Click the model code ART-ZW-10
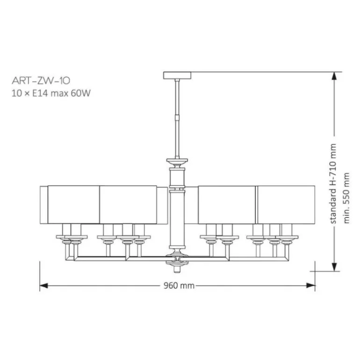(x=41, y=80)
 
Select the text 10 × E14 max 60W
(x=51, y=93)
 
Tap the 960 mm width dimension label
(x=179, y=286)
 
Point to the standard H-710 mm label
(x=333, y=184)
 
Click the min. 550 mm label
(x=346, y=198)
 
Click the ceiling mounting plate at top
(x=177, y=75)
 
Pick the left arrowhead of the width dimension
(x=43, y=286)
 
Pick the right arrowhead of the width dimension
(x=311, y=286)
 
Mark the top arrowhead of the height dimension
(x=334, y=76)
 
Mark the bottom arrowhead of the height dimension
(x=334, y=267)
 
